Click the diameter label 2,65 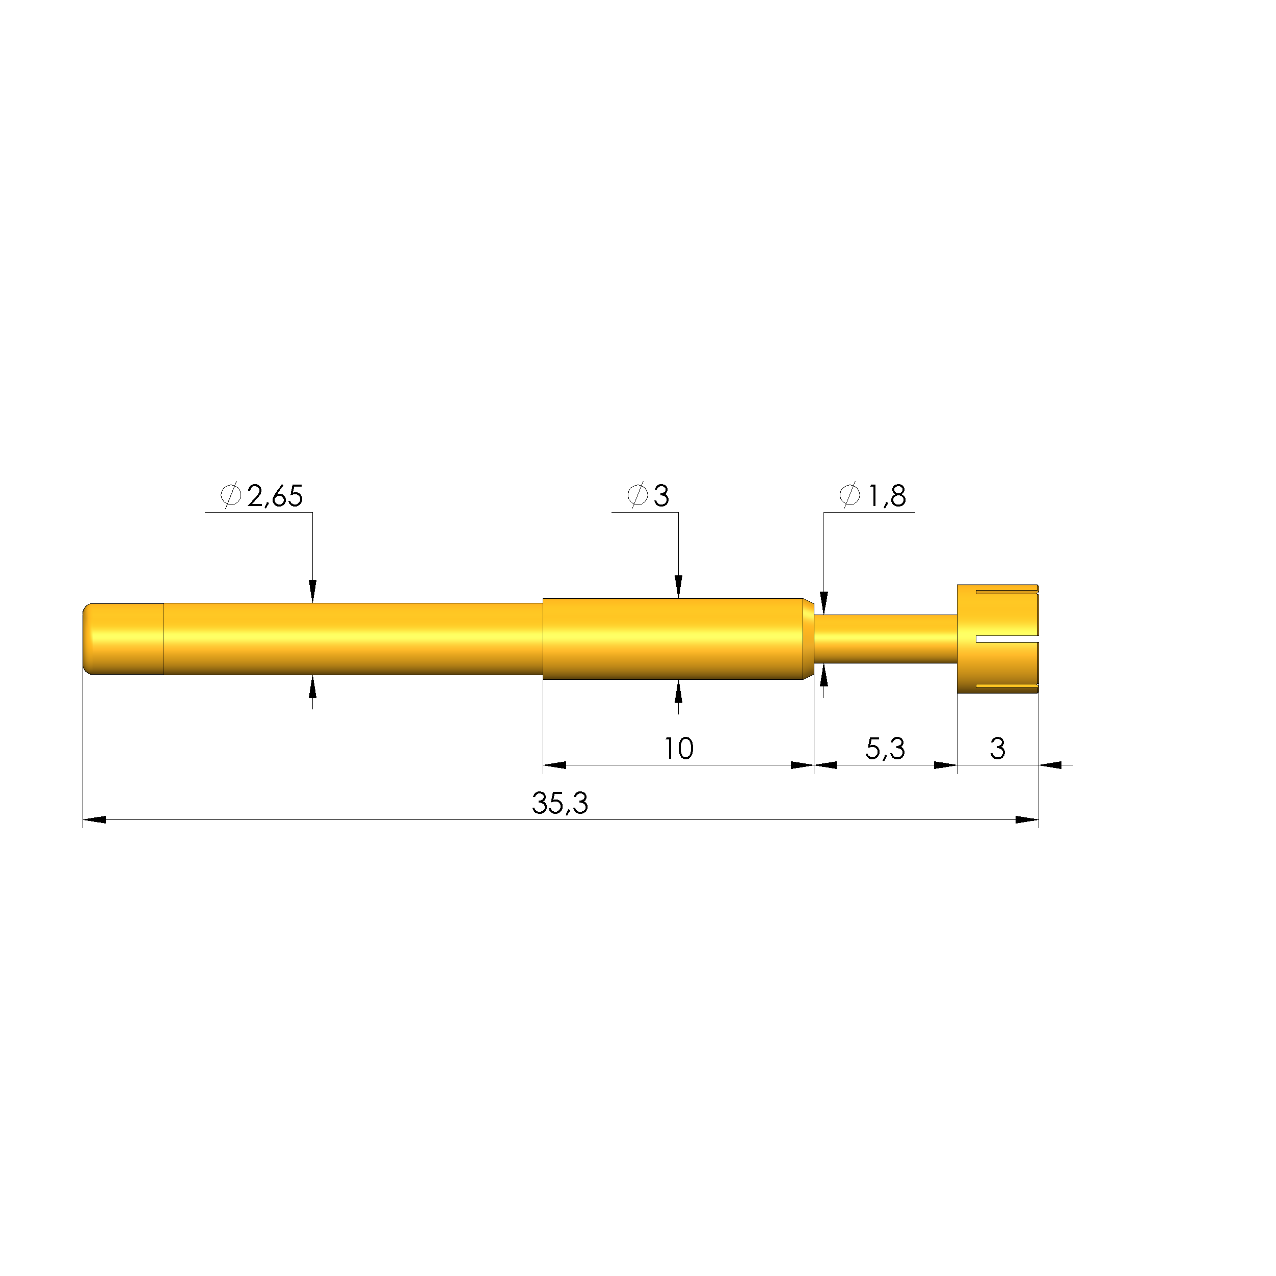click(x=275, y=496)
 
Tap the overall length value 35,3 click(x=560, y=803)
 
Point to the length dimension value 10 click(x=678, y=748)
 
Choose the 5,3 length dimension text click(x=885, y=748)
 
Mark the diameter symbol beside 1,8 click(x=849, y=495)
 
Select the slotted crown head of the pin click(x=998, y=639)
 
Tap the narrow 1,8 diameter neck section click(x=885, y=639)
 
